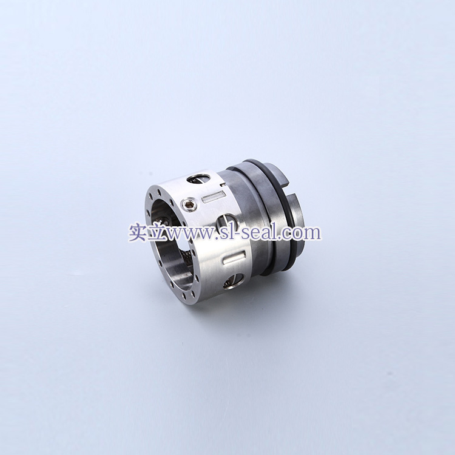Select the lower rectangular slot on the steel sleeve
234,258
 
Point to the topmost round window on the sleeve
198,178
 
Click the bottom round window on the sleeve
234,281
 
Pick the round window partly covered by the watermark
226,223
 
